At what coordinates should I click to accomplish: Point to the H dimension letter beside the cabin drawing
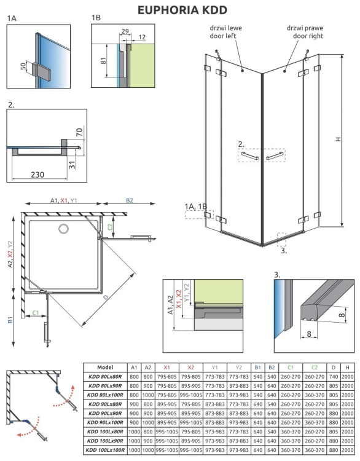click(338, 140)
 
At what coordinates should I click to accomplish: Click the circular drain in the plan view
click(63, 229)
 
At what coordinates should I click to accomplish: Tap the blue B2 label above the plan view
click(129, 200)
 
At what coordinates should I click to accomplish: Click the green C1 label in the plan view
click(36, 313)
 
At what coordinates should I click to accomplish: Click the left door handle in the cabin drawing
click(249, 157)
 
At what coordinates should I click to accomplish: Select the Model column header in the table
click(105, 367)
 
